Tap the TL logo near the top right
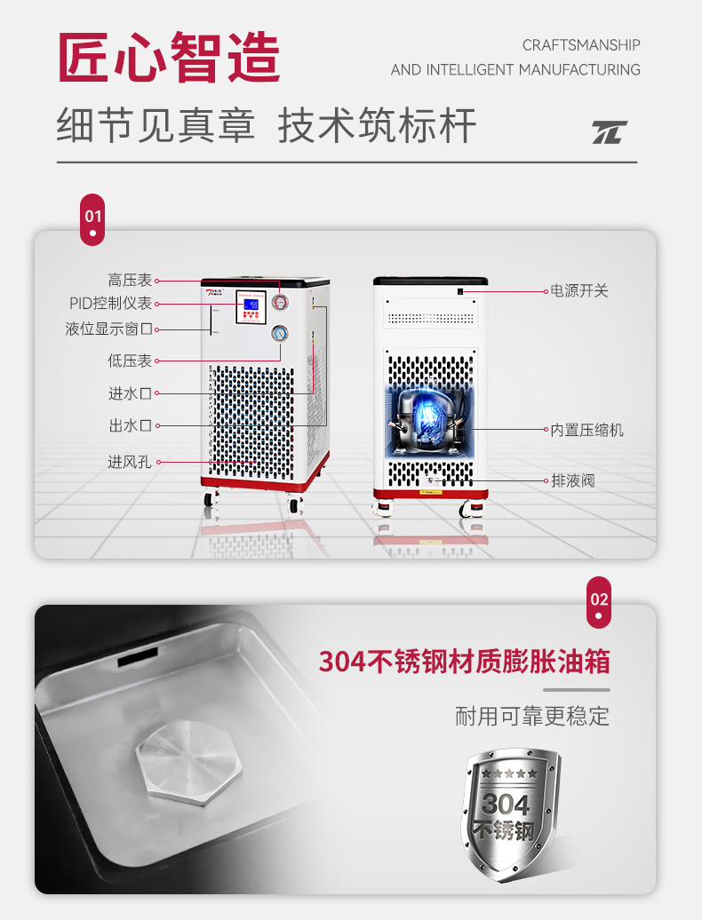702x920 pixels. tap(610, 132)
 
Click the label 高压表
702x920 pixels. tap(130, 280)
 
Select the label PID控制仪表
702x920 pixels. tap(110, 304)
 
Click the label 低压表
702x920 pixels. tap(130, 361)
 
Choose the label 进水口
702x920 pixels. tap(130, 393)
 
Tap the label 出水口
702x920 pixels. tap(130, 426)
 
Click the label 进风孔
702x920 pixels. tap(130, 462)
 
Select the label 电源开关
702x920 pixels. tap(579, 290)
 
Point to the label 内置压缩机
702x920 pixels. tap(586, 430)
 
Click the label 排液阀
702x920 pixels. tap(572, 480)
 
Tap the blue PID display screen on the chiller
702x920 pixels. tap(251, 305)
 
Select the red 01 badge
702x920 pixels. tap(92, 218)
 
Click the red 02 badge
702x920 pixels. tap(599, 602)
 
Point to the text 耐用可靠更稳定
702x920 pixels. tap(531, 716)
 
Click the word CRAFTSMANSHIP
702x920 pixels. tap(580, 45)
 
